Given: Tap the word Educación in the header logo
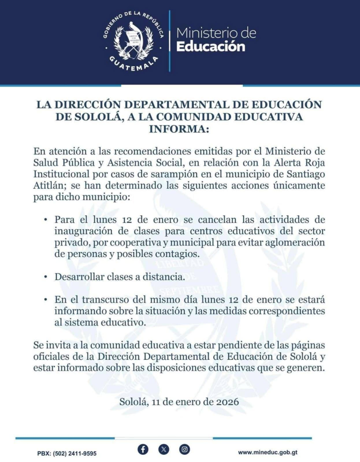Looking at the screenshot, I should [211, 47].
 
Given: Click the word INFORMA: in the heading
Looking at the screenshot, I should [180, 129].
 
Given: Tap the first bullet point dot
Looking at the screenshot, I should [46, 220].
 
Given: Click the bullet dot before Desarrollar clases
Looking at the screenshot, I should [46, 277].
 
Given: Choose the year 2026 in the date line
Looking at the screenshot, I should [227, 402].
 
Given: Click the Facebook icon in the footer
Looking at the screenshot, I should [143, 449].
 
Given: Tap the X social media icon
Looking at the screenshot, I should [164, 449].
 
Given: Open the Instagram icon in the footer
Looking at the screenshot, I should [184, 449].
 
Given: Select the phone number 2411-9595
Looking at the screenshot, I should [81, 453].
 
